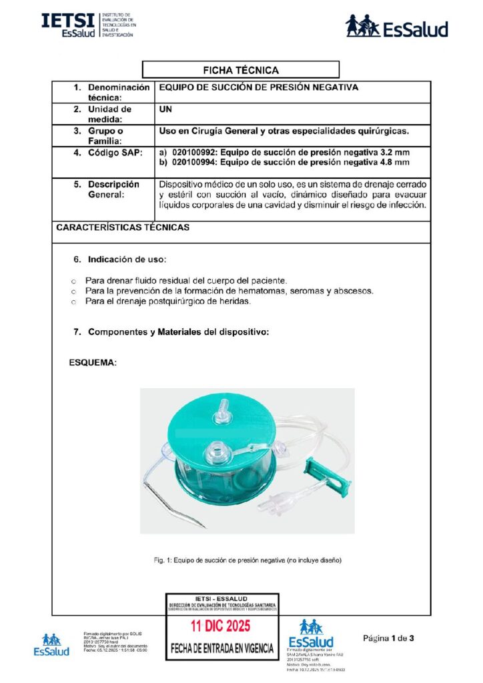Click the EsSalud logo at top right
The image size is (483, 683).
[396, 27]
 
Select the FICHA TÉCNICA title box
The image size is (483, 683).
[241, 70]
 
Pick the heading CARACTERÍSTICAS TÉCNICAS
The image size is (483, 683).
[122, 227]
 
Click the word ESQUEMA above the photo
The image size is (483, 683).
[93, 363]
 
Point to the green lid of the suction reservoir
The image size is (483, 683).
[220, 427]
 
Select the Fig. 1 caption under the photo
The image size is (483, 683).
[248, 560]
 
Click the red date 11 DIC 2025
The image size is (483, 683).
[219, 626]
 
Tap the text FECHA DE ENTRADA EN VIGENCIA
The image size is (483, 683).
[222, 648]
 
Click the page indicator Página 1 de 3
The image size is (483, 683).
[388, 638]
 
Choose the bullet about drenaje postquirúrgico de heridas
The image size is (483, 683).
[167, 302]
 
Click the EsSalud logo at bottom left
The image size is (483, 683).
[51, 645]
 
